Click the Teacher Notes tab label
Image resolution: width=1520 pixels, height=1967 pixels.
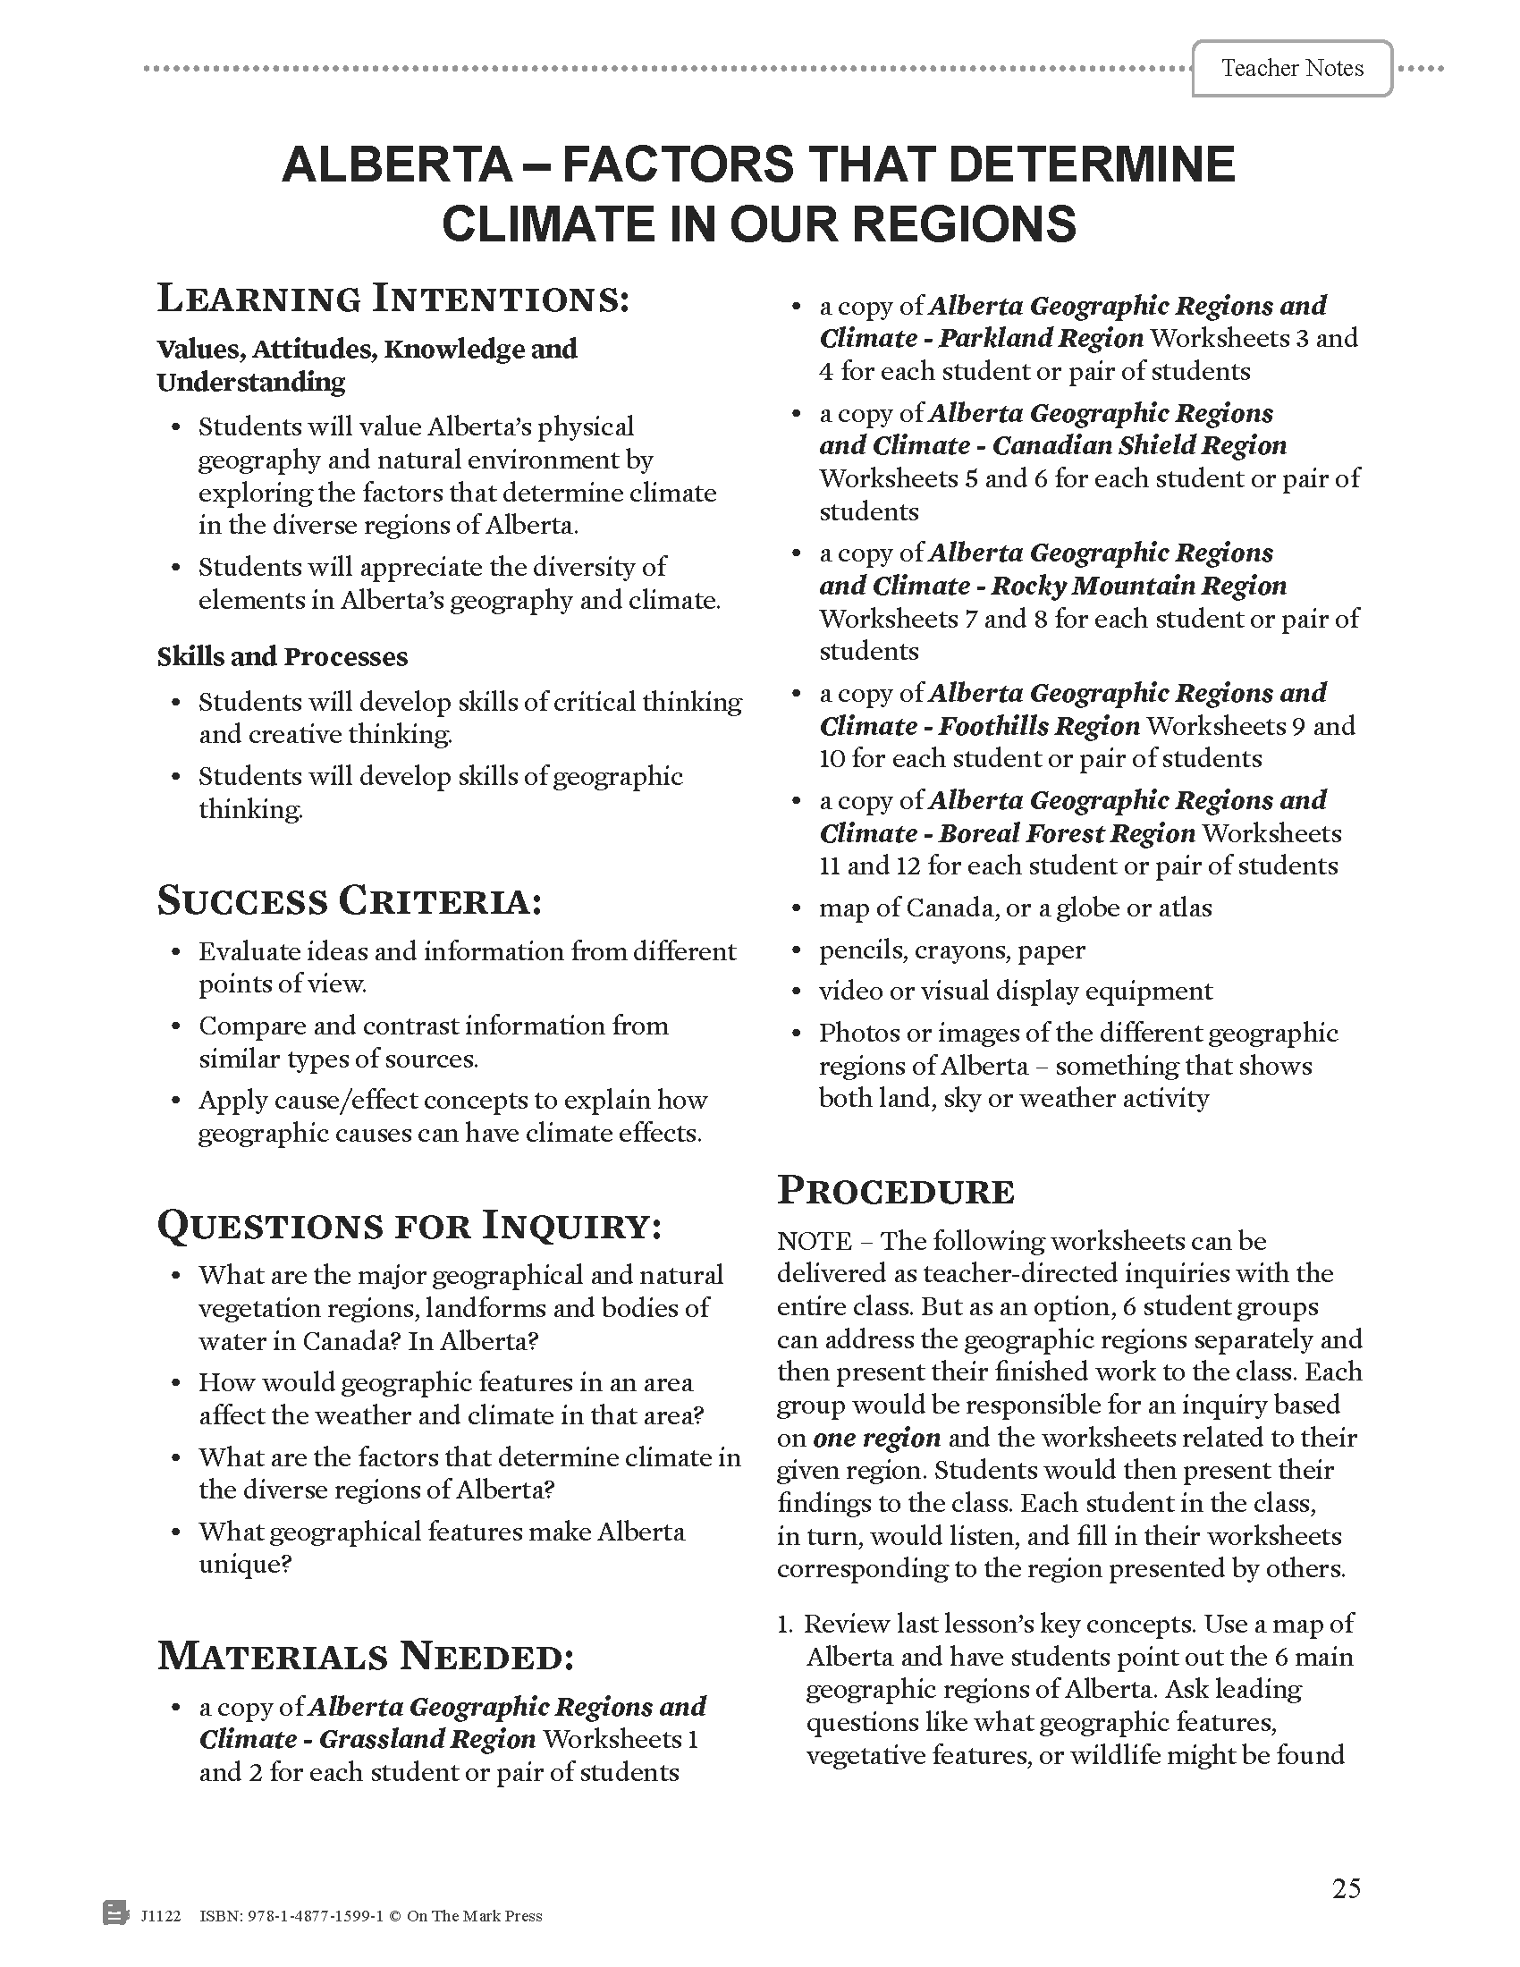pyautogui.click(x=1291, y=69)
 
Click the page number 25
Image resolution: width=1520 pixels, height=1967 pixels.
pyautogui.click(x=1347, y=1887)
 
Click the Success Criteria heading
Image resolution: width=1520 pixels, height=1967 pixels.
pyautogui.click(x=350, y=901)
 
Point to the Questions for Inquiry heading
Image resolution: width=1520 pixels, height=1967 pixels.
pyautogui.click(x=410, y=1226)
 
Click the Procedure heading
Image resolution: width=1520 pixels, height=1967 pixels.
pyautogui.click(x=896, y=1191)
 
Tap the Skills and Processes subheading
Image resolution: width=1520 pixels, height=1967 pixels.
pyautogui.click(x=282, y=656)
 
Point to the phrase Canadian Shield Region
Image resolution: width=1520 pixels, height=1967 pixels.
pyautogui.click(x=1139, y=446)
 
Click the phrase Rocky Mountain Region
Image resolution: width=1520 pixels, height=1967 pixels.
pyautogui.click(x=1138, y=587)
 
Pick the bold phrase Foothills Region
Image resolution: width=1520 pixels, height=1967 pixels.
pyautogui.click(x=1039, y=726)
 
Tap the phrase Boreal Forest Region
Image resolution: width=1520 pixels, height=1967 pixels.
pyautogui.click(x=1066, y=833)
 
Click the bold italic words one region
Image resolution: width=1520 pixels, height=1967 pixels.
pyautogui.click(x=876, y=1438)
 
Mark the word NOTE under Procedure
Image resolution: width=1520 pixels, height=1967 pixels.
pyautogui.click(x=814, y=1241)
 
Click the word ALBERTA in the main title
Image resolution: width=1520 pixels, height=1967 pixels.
pyautogui.click(x=397, y=165)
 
